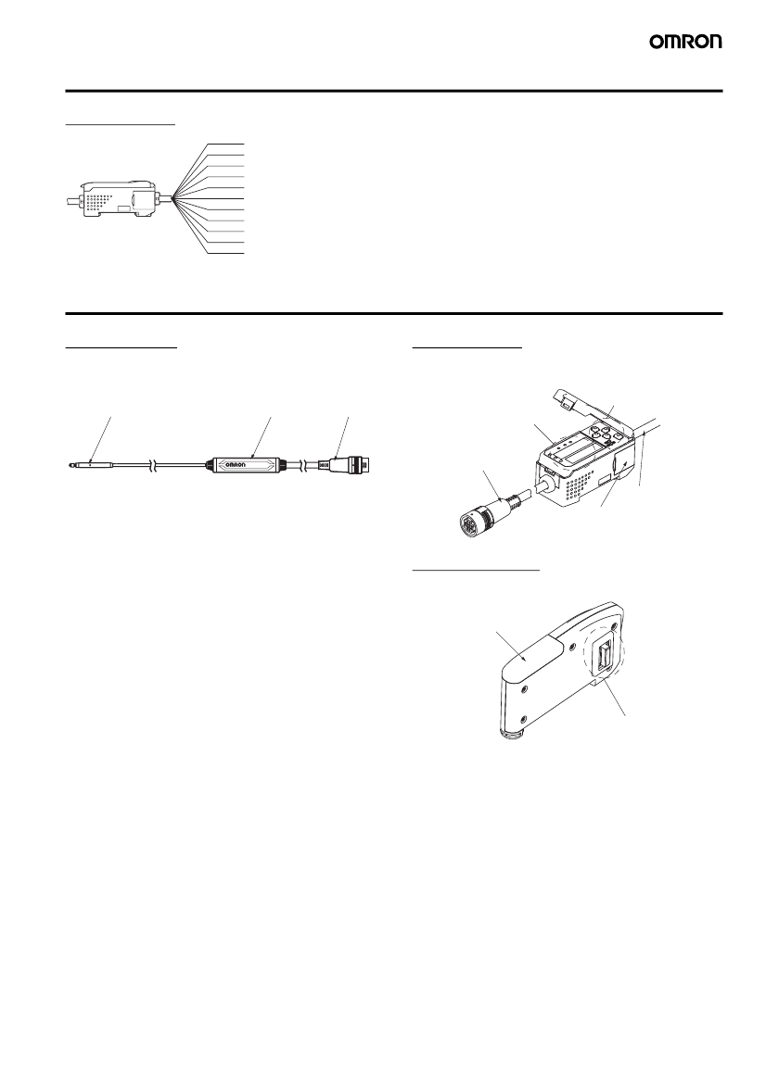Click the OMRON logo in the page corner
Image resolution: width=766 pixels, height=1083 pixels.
(685, 42)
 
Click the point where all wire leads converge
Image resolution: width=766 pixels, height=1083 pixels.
(172, 199)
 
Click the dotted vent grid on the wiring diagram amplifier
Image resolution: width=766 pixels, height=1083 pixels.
(100, 202)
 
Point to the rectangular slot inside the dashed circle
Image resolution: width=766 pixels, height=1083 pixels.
(605, 655)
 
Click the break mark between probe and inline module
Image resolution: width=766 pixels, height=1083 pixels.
(153, 466)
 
